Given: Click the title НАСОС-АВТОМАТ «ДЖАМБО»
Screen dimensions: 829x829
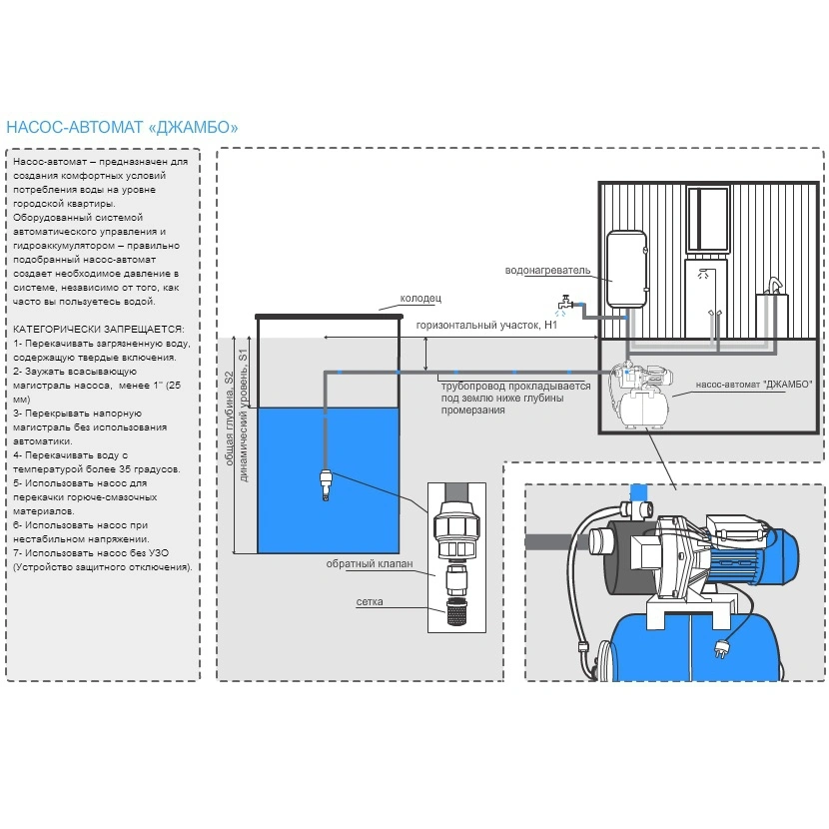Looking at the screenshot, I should point(122,127).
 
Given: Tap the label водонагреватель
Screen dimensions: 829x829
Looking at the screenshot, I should point(548,270).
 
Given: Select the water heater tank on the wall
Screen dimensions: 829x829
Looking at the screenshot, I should point(627,268).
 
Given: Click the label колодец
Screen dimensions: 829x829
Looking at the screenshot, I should point(419,298).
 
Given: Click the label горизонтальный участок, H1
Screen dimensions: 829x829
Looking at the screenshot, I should point(486,325).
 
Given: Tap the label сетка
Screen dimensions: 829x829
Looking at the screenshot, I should point(370,602).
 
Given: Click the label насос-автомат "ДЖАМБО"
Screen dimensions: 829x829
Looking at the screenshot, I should point(740,384).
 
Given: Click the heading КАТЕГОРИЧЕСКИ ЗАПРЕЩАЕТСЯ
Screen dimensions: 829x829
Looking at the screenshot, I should point(98,329).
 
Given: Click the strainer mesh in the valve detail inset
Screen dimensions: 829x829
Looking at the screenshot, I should point(454,609).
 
